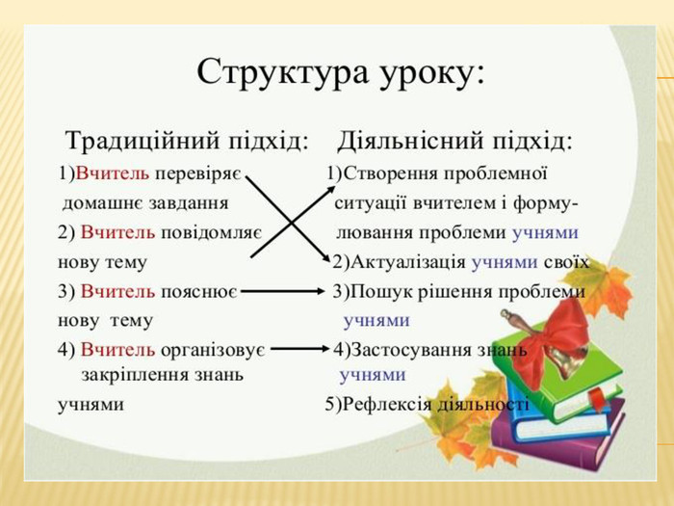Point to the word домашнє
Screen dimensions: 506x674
pos(96,203)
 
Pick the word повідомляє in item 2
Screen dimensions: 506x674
pos(218,232)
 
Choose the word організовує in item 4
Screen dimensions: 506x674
pos(220,349)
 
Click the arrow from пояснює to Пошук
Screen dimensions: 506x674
pos(283,291)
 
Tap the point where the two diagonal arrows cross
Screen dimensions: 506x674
pos(287,217)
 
